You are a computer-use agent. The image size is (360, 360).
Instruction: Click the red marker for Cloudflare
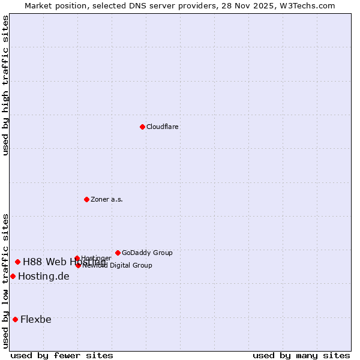click(142, 127)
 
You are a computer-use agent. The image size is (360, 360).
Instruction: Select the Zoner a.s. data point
click(86, 199)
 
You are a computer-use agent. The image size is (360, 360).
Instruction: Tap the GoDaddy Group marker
click(118, 253)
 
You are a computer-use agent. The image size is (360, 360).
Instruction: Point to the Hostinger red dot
click(77, 259)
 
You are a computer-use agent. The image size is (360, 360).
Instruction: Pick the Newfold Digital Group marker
click(78, 265)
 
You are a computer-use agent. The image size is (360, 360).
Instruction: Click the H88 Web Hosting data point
click(17, 262)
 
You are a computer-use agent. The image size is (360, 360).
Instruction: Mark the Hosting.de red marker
click(13, 276)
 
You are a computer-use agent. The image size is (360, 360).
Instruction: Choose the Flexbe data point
click(15, 319)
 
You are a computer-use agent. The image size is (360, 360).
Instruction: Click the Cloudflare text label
click(163, 127)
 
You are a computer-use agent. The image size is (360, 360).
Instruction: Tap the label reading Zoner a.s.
click(107, 200)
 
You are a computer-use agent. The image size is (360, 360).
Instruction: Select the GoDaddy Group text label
click(147, 253)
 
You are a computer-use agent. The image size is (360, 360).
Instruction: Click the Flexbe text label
click(36, 319)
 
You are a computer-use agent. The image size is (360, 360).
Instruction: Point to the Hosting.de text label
click(44, 277)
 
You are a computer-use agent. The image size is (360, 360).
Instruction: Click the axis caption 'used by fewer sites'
click(62, 355)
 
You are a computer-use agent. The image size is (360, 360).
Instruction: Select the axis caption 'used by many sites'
click(301, 355)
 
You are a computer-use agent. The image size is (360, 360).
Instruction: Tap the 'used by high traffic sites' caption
click(6, 85)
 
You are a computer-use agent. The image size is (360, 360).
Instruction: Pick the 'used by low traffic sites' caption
click(6, 281)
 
